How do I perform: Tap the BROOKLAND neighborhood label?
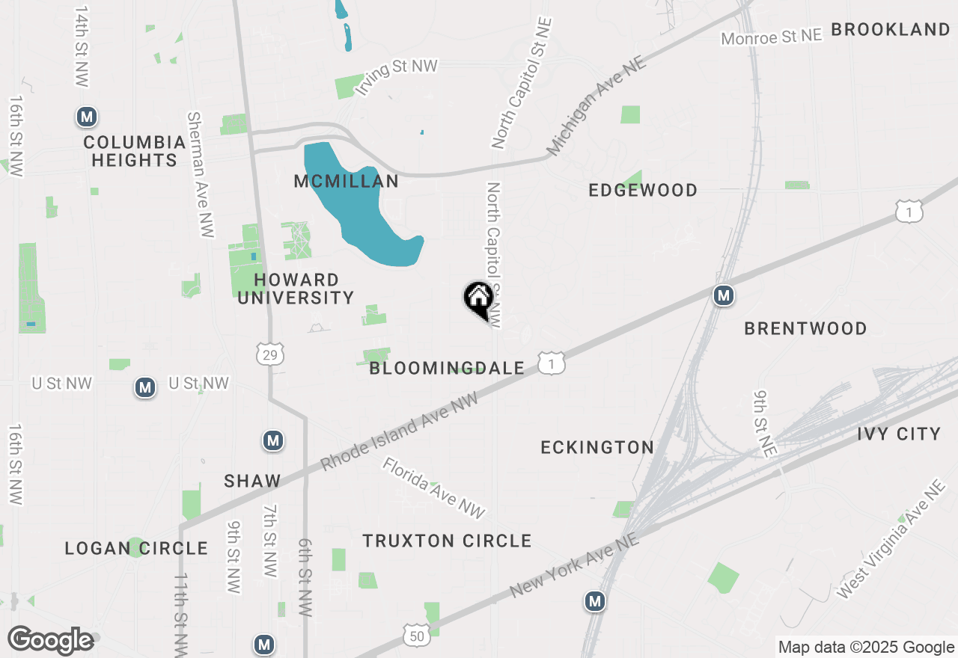click(x=890, y=30)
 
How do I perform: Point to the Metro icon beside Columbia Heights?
click(x=88, y=117)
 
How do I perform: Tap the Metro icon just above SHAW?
click(x=273, y=440)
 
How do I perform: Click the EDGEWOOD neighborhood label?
click(x=643, y=191)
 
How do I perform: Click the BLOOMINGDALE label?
click(x=447, y=368)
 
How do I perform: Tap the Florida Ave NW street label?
click(x=433, y=488)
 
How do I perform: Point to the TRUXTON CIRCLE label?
click(x=447, y=541)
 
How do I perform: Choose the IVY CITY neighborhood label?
click(x=898, y=434)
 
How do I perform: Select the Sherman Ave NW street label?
click(x=201, y=175)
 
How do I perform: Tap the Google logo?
click(x=50, y=640)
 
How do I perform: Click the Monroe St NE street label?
click(x=772, y=37)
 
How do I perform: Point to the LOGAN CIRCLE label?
click(x=136, y=548)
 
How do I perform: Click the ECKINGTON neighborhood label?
click(x=597, y=447)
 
